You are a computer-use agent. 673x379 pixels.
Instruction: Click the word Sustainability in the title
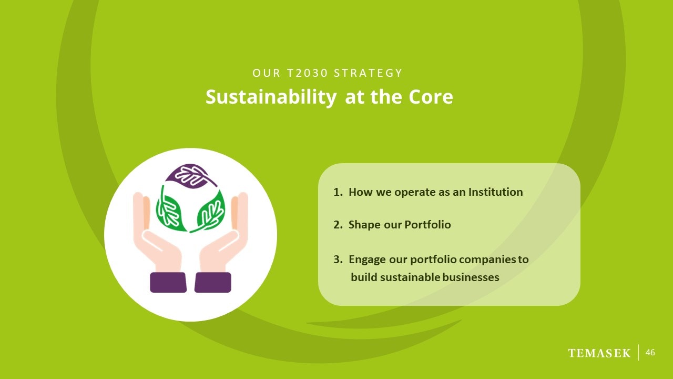coord(271,97)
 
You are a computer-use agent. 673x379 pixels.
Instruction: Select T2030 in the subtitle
coord(307,73)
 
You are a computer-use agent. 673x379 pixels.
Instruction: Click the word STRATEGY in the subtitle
coord(368,73)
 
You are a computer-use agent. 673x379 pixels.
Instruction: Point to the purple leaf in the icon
coord(190,176)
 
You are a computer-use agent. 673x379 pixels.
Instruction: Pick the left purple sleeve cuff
coord(168,283)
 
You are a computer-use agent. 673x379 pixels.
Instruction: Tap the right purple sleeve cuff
coord(213,283)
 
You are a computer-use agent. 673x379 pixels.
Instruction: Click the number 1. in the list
coord(338,192)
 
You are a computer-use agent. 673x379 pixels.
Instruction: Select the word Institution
coord(496,192)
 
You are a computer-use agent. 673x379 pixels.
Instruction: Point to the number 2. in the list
coord(338,225)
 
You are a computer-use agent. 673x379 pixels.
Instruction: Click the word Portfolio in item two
coord(427,225)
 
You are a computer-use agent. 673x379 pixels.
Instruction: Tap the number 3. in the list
coord(338,260)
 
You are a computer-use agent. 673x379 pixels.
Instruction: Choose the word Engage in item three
coord(367,260)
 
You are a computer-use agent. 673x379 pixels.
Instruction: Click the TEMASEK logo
coord(599,353)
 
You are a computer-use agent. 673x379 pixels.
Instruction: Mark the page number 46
coord(650,353)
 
